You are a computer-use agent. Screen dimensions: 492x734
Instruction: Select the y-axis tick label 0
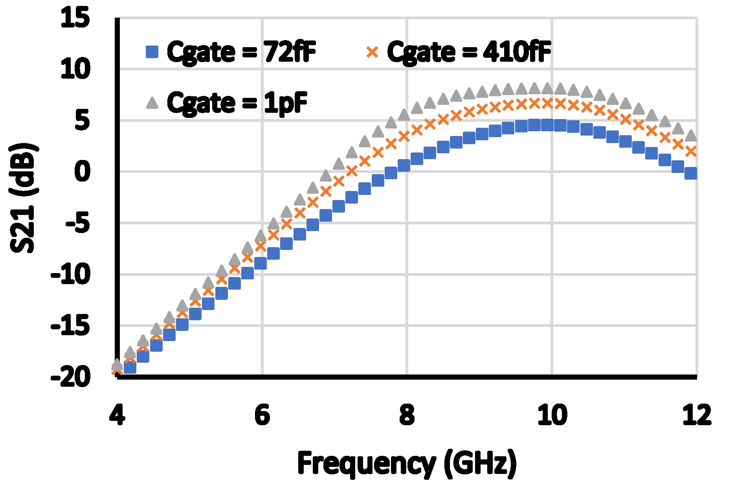click(x=82, y=172)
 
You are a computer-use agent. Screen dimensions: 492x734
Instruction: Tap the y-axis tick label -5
click(x=77, y=223)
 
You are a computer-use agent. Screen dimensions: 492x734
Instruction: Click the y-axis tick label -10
click(x=70, y=274)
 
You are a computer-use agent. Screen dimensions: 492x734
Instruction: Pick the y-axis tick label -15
click(x=70, y=326)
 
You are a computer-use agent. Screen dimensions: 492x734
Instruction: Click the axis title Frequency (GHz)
click(x=407, y=464)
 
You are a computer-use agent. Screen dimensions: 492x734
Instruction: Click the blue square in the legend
click(x=152, y=52)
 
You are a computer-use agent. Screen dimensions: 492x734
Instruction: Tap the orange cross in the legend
click(x=373, y=52)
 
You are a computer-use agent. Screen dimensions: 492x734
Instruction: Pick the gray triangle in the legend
click(x=152, y=103)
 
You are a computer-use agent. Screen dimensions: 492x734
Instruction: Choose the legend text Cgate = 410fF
click(x=469, y=52)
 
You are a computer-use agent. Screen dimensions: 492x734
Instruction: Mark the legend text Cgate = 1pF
click(x=237, y=103)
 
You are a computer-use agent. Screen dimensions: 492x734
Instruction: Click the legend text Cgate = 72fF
click(x=241, y=52)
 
